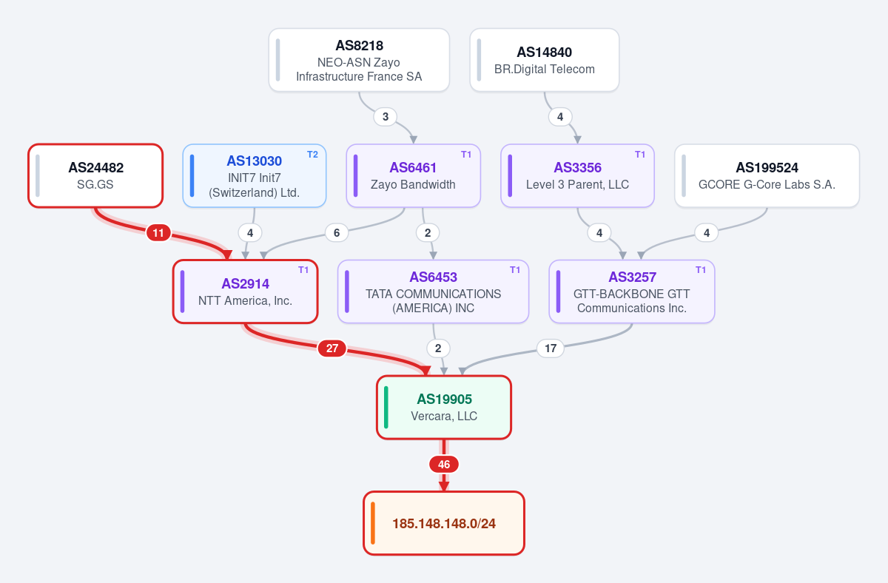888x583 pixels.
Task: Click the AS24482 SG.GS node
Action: pyautogui.click(x=95, y=175)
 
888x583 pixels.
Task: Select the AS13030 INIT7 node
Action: pyautogui.click(x=255, y=175)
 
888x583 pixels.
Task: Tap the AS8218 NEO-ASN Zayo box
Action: pyautogui.click(x=359, y=60)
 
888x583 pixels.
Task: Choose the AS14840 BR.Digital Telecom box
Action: pyautogui.click(x=545, y=60)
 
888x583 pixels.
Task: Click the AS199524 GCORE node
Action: pyautogui.click(x=767, y=175)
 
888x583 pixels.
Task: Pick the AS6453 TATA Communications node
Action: pyautogui.click(x=434, y=291)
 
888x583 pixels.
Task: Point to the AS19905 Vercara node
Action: pyautogui.click(x=444, y=408)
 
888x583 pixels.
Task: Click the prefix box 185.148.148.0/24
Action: pyautogui.click(x=444, y=523)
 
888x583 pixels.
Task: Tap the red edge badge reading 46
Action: pyautogui.click(x=444, y=465)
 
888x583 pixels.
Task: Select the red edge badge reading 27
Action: pyautogui.click(x=332, y=348)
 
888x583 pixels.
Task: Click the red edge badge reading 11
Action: pyautogui.click(x=158, y=232)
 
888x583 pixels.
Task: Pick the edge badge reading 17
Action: pyautogui.click(x=551, y=348)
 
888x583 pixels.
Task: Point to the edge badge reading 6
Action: pyautogui.click(x=337, y=232)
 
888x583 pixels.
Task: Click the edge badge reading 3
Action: pyautogui.click(x=386, y=117)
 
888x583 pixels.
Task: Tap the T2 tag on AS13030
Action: pyautogui.click(x=312, y=155)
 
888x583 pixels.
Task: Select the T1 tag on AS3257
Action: pyautogui.click(x=701, y=270)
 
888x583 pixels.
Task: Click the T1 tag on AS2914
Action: pyautogui.click(x=303, y=270)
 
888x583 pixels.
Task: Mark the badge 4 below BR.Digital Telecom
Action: pyautogui.click(x=560, y=117)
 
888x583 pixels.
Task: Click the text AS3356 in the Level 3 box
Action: pyautogui.click(x=578, y=168)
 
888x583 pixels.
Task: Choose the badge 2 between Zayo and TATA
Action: pyautogui.click(x=428, y=232)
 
